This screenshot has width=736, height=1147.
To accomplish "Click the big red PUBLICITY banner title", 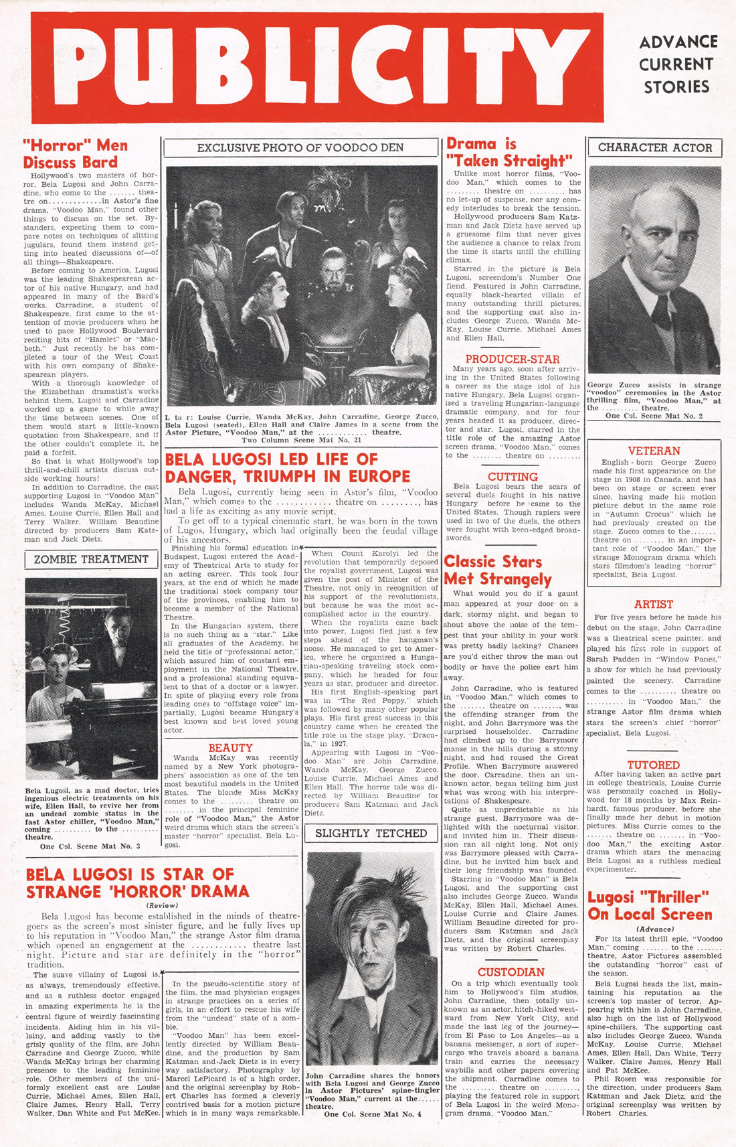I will pyautogui.click(x=316, y=68).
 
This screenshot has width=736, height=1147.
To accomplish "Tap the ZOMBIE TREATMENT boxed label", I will pyautogui.click(x=92, y=559).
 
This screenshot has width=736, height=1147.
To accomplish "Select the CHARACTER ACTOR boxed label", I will pyautogui.click(x=654, y=147).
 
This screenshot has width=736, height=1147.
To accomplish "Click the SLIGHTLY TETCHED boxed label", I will pyautogui.click(x=371, y=833).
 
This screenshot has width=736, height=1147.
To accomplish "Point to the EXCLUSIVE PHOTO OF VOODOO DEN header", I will pyautogui.click(x=300, y=147).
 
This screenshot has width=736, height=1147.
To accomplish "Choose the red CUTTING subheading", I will pyautogui.click(x=513, y=477).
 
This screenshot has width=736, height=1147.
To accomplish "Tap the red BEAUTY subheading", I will pyautogui.click(x=230, y=747).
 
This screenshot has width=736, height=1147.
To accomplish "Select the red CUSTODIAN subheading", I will pyautogui.click(x=511, y=972).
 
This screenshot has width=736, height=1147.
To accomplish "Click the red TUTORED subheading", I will pyautogui.click(x=653, y=765).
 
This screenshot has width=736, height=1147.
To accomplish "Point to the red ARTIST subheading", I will pyautogui.click(x=653, y=604).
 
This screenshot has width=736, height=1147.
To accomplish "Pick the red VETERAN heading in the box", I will pyautogui.click(x=654, y=451).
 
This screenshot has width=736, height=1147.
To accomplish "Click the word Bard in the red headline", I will pyautogui.click(x=99, y=162).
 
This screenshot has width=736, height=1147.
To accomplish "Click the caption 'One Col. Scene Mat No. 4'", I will pyautogui.click(x=373, y=1114).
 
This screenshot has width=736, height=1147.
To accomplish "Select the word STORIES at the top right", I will pyautogui.click(x=676, y=87).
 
